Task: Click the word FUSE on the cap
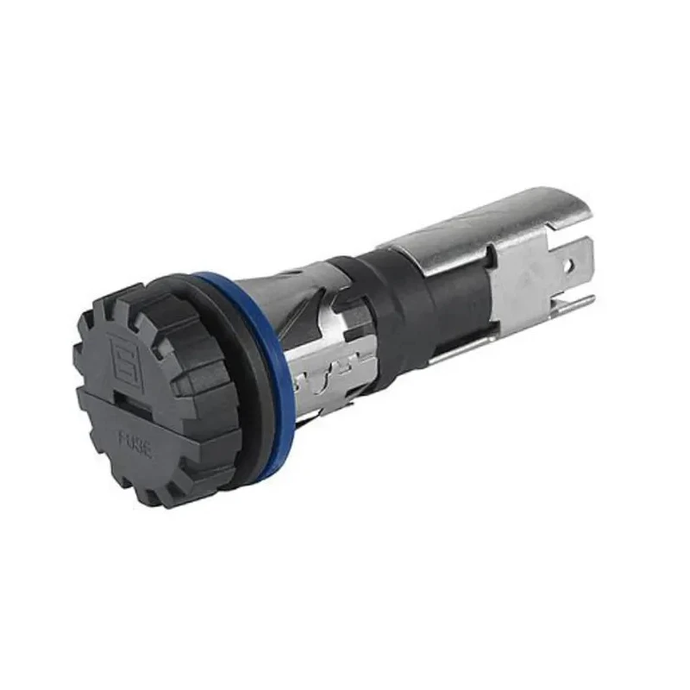click(136, 445)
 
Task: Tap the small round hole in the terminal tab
click(571, 266)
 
